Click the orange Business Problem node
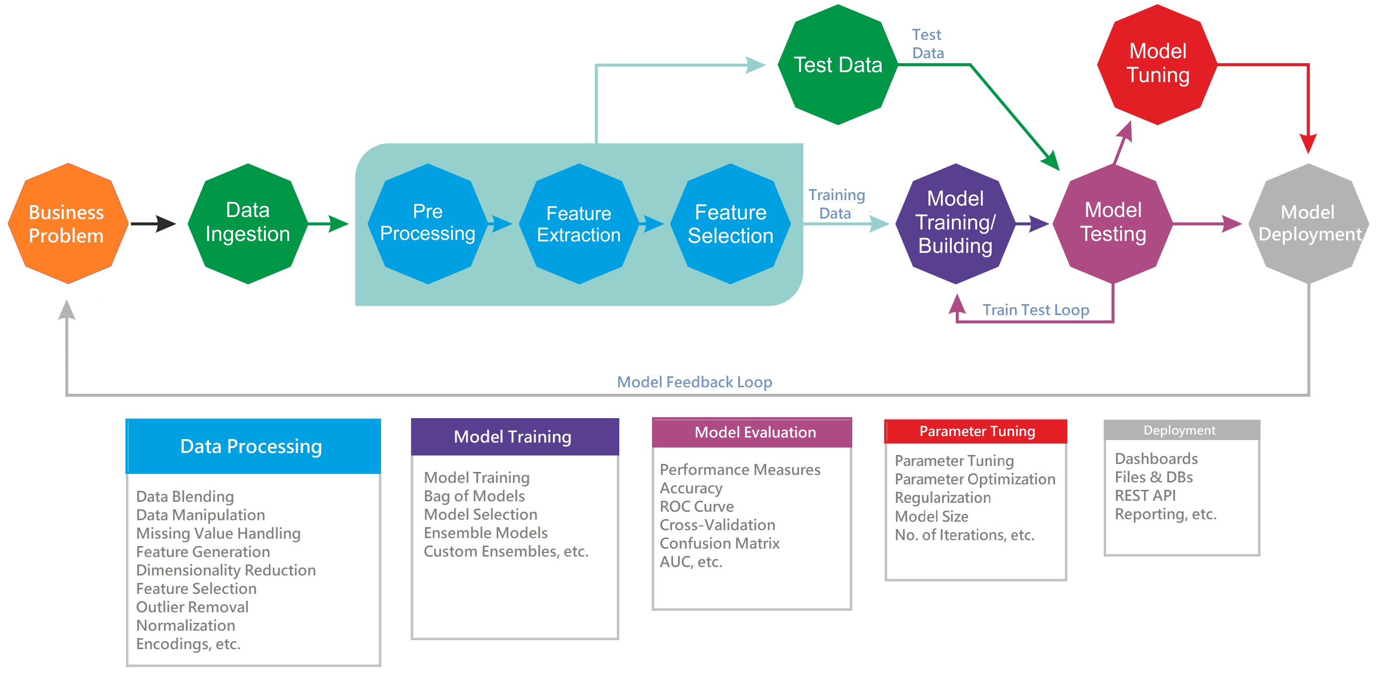[x=68, y=224]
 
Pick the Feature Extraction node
[x=579, y=224]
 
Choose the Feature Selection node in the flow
[x=730, y=224]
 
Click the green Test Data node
[x=837, y=65]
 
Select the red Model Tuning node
[x=1157, y=64]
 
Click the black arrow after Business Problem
[x=153, y=224]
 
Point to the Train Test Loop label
[x=1035, y=310]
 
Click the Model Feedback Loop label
[x=694, y=382]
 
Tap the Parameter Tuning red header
[x=976, y=431]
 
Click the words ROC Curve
[x=696, y=506]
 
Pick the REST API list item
[x=1145, y=495]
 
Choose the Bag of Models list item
[x=474, y=496]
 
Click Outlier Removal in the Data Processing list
[x=192, y=607]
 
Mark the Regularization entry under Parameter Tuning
[x=942, y=497]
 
